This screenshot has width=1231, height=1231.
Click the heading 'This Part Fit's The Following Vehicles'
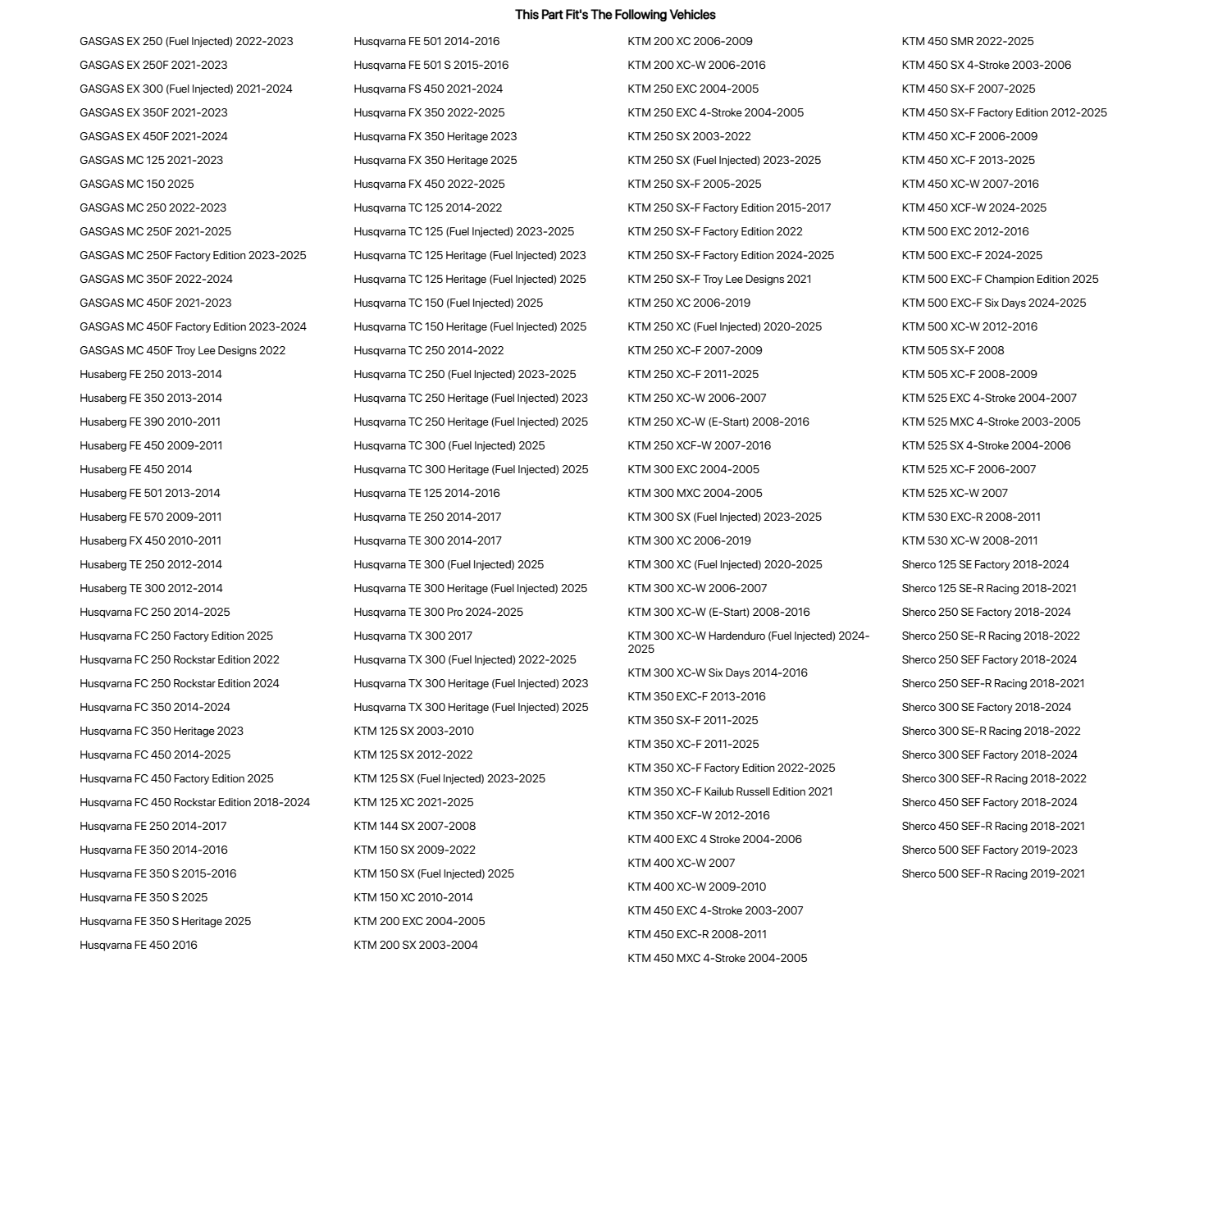coord(615,15)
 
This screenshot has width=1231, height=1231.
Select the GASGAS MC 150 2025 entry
coord(137,184)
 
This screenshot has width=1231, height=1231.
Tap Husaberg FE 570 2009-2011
coord(151,517)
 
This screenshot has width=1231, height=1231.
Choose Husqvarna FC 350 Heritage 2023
coord(162,731)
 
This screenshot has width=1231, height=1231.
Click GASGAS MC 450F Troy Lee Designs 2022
coord(183,350)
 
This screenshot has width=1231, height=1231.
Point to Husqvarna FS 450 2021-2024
coord(428,89)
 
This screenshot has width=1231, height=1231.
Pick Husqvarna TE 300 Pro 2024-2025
coord(438,612)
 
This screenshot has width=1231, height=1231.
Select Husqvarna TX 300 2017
coord(413,636)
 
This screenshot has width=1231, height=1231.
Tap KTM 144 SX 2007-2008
coord(414,826)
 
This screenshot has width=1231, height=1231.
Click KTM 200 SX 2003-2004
coord(416,945)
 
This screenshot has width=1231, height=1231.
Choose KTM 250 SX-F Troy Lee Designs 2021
coord(719,279)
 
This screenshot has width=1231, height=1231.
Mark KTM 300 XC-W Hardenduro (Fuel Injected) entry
coord(748,642)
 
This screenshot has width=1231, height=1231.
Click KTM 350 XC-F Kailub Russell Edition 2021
coord(730,791)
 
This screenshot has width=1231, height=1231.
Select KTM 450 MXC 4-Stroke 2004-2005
coord(717,958)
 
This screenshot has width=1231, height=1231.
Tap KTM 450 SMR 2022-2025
coord(968,41)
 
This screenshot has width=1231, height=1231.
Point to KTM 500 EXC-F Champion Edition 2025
coord(1000,279)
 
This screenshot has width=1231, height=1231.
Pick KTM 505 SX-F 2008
coord(953,350)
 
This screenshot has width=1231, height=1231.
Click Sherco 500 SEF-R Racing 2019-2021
coord(993,873)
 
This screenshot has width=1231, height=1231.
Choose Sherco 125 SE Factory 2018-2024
coord(985,564)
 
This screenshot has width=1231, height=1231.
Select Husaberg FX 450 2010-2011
coord(151,540)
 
